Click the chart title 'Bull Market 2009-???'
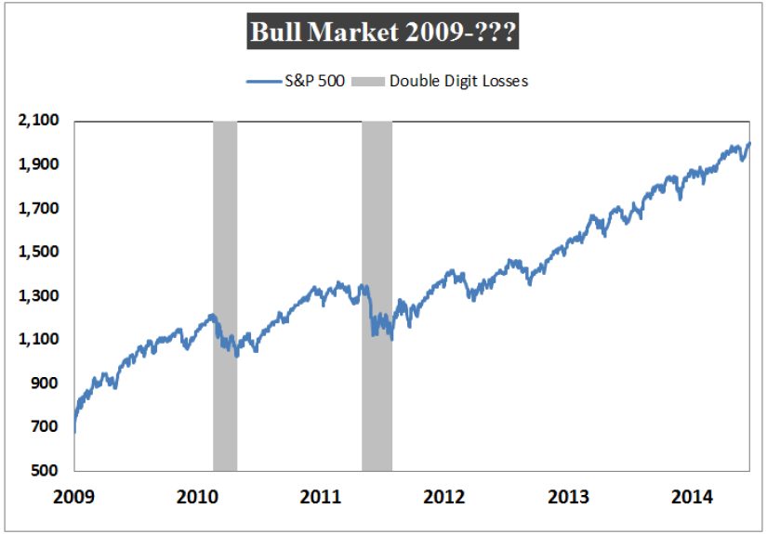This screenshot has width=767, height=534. (383, 34)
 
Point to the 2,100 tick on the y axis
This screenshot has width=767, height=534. (38, 121)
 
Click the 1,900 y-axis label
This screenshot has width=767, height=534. (38, 164)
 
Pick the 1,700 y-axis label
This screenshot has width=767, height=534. (38, 208)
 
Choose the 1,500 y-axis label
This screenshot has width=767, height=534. (38, 252)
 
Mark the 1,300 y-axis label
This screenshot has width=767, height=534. (38, 296)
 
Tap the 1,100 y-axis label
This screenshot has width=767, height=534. (38, 340)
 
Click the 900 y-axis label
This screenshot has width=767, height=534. (45, 384)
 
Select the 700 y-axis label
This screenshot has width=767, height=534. (45, 427)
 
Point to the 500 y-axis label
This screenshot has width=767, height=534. (45, 471)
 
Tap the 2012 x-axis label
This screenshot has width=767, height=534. (443, 497)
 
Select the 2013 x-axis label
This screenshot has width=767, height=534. (569, 497)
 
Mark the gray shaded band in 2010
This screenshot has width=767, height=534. (225, 295)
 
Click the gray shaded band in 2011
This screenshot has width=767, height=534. (377, 295)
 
